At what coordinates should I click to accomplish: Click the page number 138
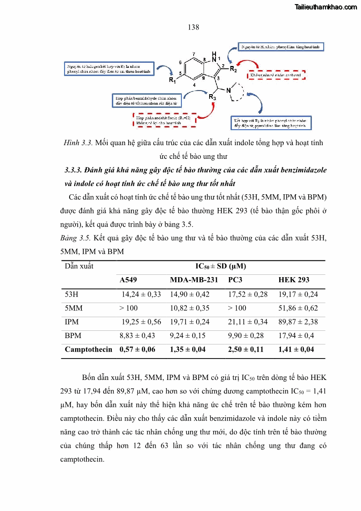(x=193, y=27)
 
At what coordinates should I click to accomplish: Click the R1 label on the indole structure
(x=173, y=81)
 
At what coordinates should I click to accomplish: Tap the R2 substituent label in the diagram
(x=232, y=69)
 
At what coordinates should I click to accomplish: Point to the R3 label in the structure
(x=212, y=96)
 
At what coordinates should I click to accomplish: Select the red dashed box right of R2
(x=276, y=75)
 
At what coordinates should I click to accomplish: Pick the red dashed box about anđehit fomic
(x=163, y=120)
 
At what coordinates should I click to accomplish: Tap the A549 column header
(x=128, y=280)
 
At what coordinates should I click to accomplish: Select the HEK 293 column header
(x=294, y=280)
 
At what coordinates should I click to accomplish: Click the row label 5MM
(x=74, y=308)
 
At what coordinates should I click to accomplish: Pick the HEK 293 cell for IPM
(x=298, y=322)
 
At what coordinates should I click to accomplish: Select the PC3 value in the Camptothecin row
(x=246, y=349)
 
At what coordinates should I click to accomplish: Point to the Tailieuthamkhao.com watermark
(x=326, y=7)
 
